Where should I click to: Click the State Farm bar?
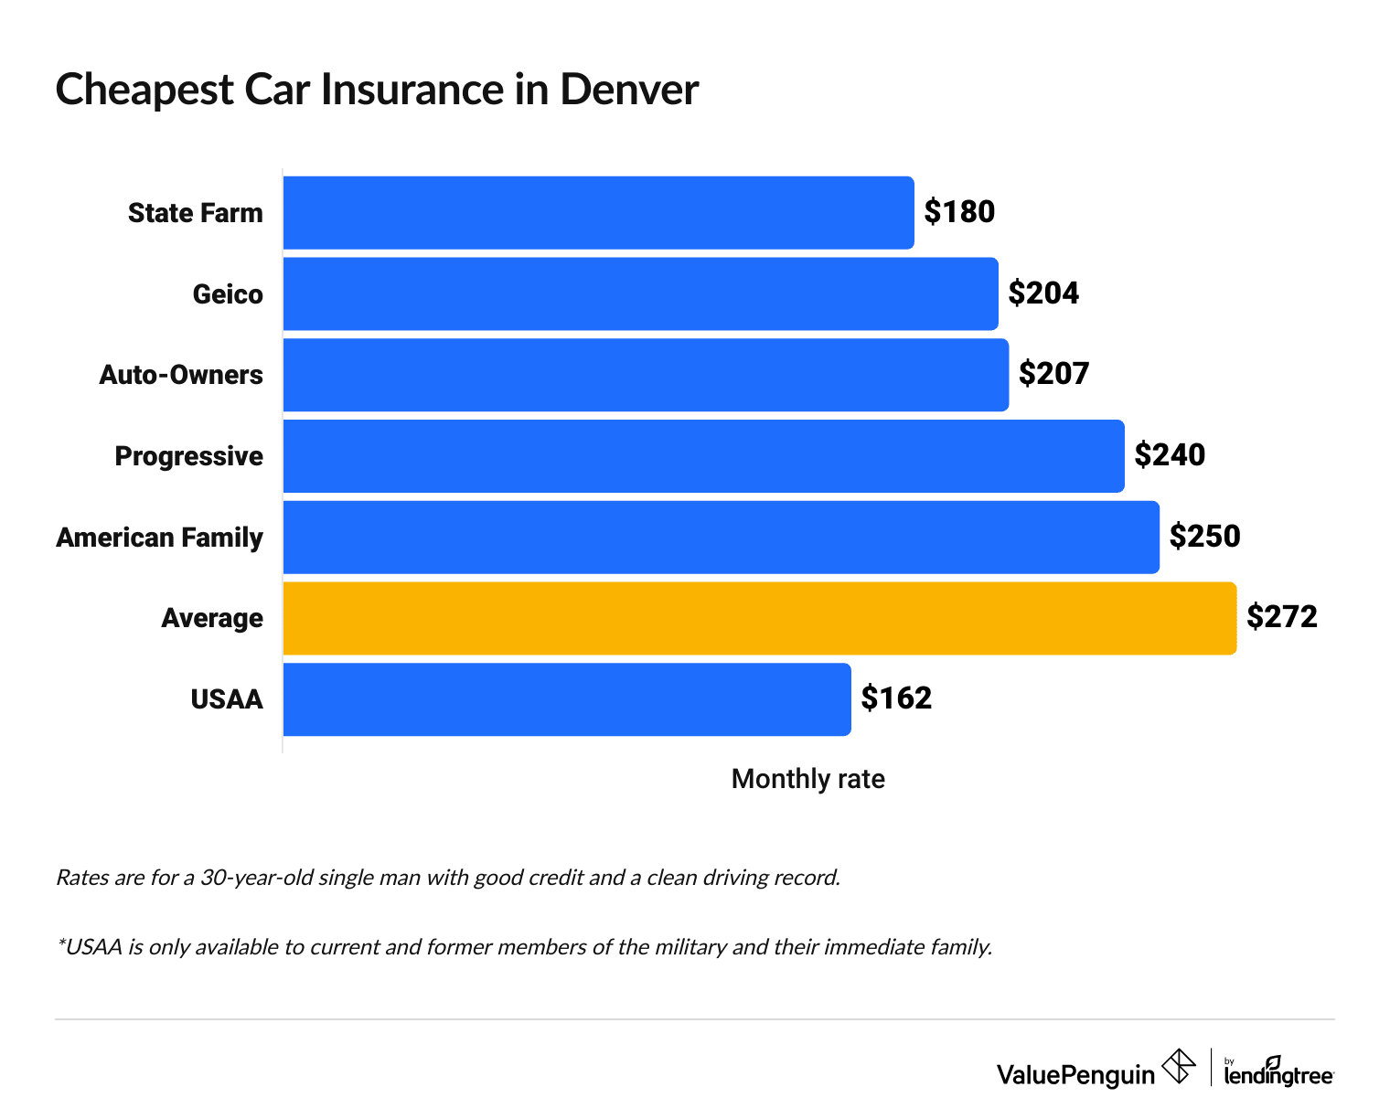tap(598, 212)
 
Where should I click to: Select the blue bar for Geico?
tap(640, 293)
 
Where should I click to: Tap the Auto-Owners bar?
tap(646, 375)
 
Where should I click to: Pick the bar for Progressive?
tap(703, 455)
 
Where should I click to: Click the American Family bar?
tap(721, 537)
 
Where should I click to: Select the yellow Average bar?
tap(759, 618)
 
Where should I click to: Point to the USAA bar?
tap(567, 699)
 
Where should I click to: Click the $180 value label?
tap(958, 212)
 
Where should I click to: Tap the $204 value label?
tap(1043, 293)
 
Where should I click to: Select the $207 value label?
tap(1053, 375)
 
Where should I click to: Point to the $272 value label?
tap(1281, 618)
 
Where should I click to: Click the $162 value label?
tap(896, 699)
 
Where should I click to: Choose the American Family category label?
tap(159, 538)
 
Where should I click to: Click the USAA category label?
tap(226, 700)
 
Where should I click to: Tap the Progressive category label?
tap(188, 456)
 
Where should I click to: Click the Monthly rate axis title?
tap(807, 779)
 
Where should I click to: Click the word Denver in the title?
tap(628, 90)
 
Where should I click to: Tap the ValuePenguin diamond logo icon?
tap(1178, 1066)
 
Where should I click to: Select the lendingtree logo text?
tap(1278, 1076)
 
